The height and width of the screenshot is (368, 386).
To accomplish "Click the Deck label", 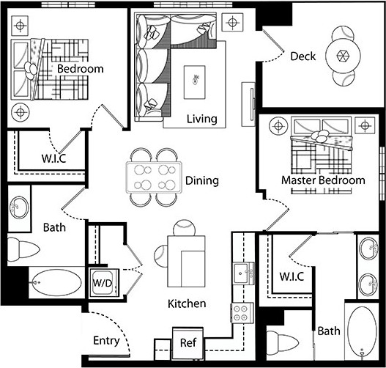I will [303, 56].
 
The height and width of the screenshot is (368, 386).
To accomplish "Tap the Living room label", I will [201, 119].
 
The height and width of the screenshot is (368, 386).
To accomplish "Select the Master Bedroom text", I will [322, 180].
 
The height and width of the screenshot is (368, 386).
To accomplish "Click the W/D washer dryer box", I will [101, 280].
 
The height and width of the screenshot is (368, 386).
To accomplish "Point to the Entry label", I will [106, 341].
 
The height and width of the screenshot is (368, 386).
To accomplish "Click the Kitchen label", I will [186, 303].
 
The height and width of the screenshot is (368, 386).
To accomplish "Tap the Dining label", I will [202, 180].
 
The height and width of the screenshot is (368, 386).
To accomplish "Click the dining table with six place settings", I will [154, 177].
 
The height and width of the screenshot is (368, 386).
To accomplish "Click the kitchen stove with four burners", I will [242, 313].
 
